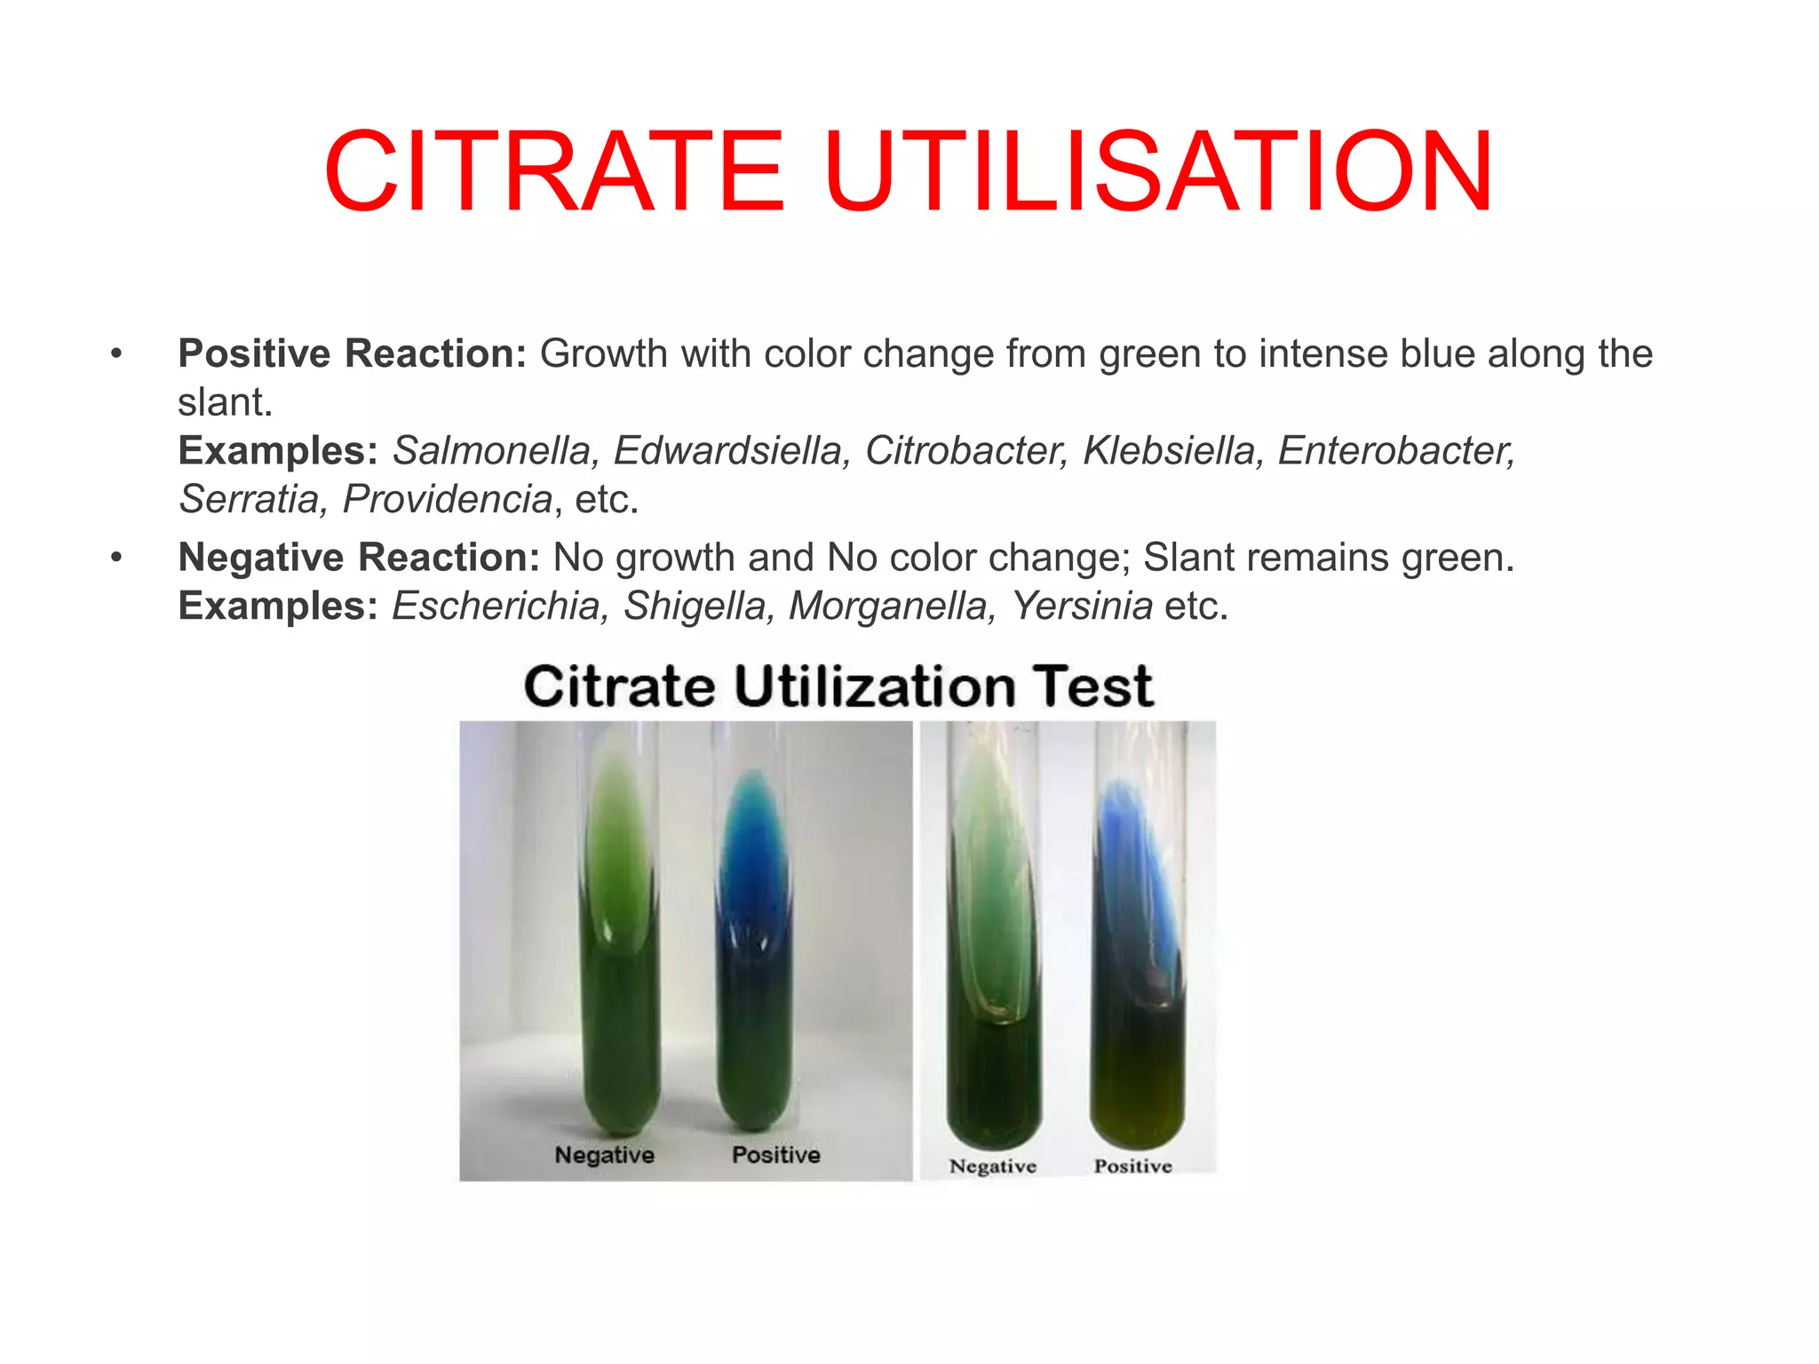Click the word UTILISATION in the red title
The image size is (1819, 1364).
click(1157, 172)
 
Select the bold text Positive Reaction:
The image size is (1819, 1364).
click(353, 354)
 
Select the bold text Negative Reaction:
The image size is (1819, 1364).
click(359, 558)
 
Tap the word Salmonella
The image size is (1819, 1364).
click(491, 450)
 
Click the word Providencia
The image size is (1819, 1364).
click(448, 499)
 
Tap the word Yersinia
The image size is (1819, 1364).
click(1082, 607)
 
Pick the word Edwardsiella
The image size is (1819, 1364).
click(727, 450)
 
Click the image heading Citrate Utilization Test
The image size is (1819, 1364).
click(838, 686)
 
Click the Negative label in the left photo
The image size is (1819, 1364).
click(604, 1154)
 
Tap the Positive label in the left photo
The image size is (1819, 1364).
click(775, 1154)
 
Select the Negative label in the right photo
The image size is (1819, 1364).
click(992, 1166)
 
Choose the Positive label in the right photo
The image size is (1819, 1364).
click(1132, 1166)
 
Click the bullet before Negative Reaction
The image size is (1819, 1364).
click(115, 559)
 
